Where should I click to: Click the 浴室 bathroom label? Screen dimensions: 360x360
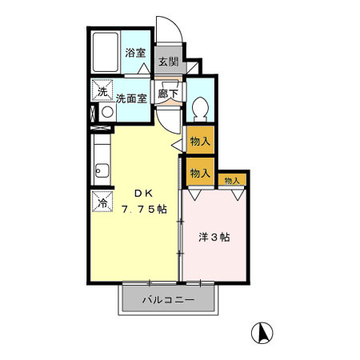[x=135, y=54]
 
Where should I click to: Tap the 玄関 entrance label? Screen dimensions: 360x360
[x=167, y=62]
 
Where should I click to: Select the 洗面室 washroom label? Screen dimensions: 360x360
[x=130, y=99]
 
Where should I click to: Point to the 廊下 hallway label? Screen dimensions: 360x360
[x=168, y=94]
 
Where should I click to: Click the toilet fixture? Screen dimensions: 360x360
[x=200, y=106]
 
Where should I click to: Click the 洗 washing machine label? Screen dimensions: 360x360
[x=102, y=90]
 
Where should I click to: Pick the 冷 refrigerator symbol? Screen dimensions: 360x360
[x=102, y=202]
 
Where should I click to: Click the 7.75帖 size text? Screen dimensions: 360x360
[x=145, y=209]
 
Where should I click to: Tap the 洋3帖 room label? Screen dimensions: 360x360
[x=214, y=237]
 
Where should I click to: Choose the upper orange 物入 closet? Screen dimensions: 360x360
[x=200, y=142]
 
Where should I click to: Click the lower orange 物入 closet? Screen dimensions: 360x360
[x=200, y=172]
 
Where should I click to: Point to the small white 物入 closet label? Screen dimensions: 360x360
[x=231, y=181]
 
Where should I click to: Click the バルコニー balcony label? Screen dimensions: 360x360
[x=168, y=301]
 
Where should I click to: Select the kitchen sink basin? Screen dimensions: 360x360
[x=102, y=169]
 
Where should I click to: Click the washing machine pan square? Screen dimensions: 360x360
[x=102, y=90]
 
